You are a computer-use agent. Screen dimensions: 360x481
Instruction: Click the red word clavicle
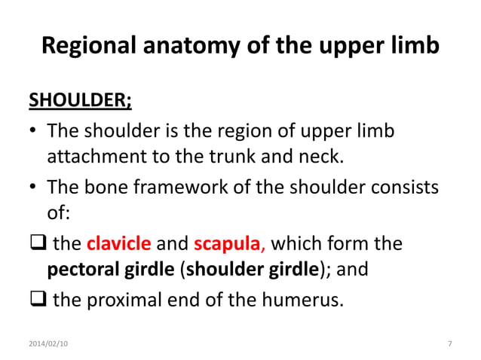click(x=119, y=245)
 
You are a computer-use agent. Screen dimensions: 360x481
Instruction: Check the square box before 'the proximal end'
click(x=37, y=300)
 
